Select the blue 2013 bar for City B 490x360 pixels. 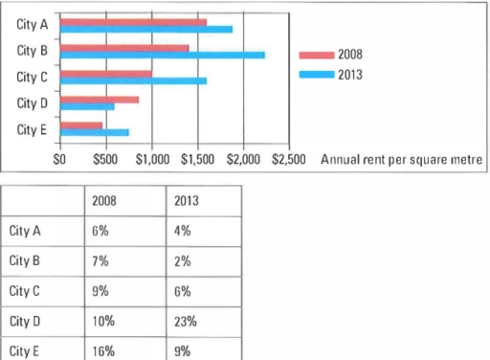163,55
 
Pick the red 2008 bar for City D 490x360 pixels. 100,99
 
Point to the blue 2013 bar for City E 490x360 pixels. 95,132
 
